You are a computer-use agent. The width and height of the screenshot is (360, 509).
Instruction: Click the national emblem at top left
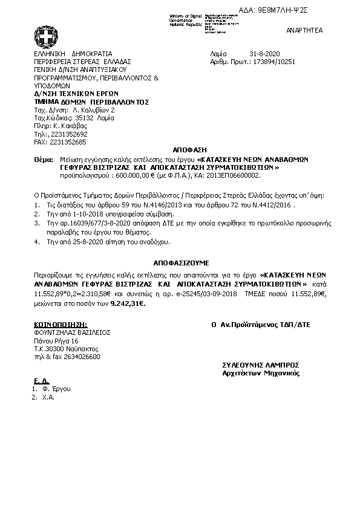click(45, 33)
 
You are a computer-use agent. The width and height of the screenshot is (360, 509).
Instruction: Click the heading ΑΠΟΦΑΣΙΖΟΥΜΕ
click(181, 264)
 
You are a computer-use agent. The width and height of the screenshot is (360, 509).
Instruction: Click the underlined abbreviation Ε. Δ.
click(41, 381)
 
